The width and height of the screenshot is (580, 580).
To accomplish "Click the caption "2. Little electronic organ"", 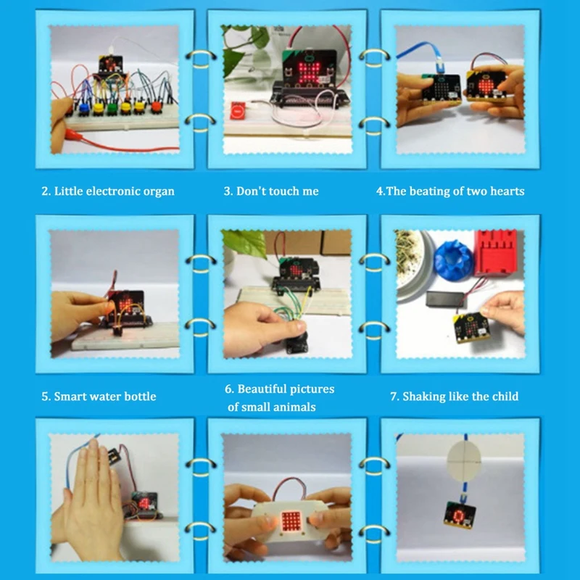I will pos(107,191).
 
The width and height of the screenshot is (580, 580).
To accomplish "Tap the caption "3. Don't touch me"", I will pos(270,191).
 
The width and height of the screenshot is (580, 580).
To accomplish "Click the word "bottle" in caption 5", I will pos(138,397).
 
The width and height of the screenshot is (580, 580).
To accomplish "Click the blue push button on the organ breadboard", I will pos(83,108).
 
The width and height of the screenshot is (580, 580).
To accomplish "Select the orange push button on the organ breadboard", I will pos(156,109).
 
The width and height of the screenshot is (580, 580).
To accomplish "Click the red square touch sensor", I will pos(238,110).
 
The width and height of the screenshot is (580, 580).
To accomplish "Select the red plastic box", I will pos(495,254).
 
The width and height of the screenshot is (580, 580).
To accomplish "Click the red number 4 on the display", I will pos(144,502).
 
